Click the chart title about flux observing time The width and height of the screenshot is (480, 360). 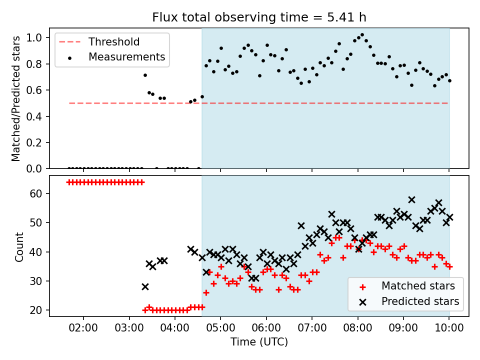point(259,17)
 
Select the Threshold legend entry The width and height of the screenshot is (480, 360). point(99,41)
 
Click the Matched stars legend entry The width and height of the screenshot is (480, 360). point(406,286)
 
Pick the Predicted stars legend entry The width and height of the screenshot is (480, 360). point(408,301)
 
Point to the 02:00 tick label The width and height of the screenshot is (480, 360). point(83,328)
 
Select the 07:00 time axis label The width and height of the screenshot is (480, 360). point(312,328)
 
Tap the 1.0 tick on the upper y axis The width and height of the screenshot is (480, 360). point(33,37)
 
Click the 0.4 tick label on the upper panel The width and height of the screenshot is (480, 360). point(33,116)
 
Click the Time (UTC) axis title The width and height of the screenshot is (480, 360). point(259,342)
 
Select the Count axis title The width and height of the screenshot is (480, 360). point(19,246)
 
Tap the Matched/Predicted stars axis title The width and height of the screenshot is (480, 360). point(15,98)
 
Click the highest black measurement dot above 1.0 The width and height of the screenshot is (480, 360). point(362,35)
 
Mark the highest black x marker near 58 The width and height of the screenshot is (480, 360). point(411,200)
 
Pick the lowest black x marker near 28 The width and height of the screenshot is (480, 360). point(145,287)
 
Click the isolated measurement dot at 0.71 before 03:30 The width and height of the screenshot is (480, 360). point(145,75)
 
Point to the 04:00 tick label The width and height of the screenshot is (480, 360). point(175,328)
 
